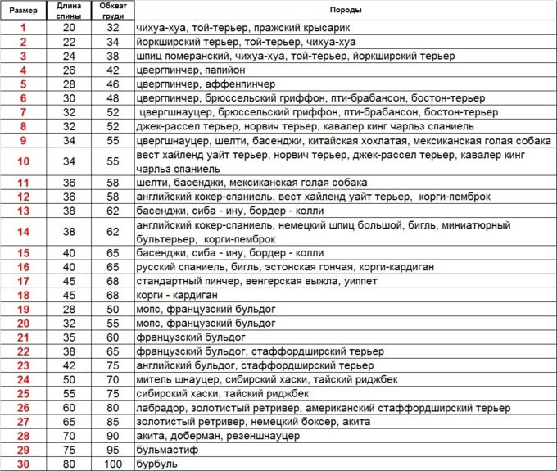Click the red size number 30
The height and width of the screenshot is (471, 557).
(x=23, y=464)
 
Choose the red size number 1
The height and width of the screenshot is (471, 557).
(x=23, y=28)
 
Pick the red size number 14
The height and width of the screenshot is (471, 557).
(x=23, y=232)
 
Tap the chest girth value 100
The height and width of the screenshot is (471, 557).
(x=112, y=464)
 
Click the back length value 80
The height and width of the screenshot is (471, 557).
(x=69, y=464)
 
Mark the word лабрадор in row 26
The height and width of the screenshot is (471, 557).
(x=161, y=407)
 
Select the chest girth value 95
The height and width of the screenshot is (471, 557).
(x=112, y=450)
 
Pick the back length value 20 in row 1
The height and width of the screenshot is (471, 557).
(x=69, y=28)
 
